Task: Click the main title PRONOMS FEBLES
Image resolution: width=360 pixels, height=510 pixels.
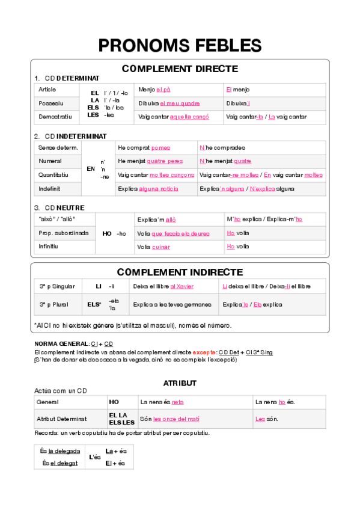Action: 180,45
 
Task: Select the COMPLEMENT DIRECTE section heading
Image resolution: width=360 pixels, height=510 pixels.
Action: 180,69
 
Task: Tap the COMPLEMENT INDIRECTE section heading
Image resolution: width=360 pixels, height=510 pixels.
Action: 180,272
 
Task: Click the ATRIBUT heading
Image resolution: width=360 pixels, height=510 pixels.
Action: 180,383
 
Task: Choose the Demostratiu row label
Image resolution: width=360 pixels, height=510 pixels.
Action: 55,117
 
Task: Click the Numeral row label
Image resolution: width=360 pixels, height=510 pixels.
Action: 50,161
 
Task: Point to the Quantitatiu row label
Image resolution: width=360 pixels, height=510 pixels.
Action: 53,174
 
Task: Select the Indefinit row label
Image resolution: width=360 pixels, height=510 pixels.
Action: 50,188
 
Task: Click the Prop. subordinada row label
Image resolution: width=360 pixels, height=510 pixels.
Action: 64,233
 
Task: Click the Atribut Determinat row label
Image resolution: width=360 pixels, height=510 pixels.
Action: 62,419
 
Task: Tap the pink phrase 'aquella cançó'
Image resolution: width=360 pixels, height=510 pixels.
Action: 189,117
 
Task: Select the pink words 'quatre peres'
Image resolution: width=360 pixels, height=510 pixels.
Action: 165,161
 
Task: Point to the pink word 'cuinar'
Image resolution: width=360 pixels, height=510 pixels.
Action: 161,247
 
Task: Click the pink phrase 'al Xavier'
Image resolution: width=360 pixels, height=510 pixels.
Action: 182,286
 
